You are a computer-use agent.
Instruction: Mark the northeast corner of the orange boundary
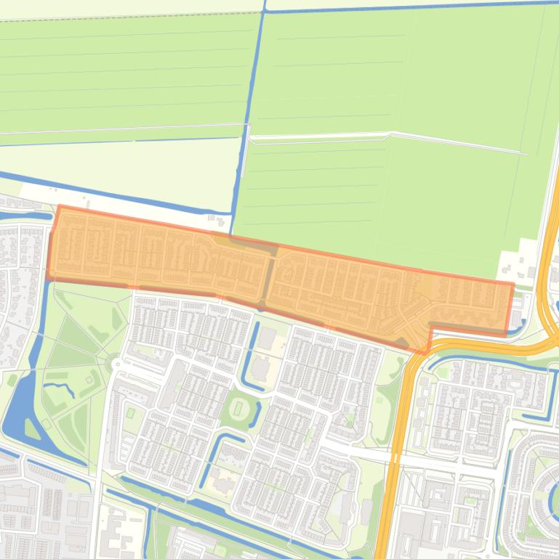tap(513, 285)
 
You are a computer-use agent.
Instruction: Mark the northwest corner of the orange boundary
tap(58, 206)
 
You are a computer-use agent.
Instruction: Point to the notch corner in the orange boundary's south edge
tap(430, 328)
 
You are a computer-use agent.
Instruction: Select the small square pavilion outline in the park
tap(91, 378)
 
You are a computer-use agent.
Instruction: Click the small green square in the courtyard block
tap(131, 412)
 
